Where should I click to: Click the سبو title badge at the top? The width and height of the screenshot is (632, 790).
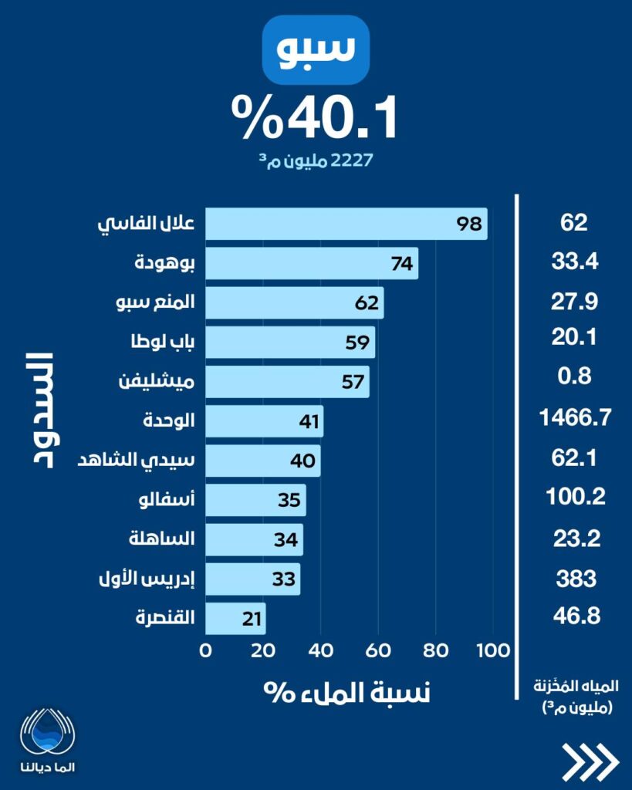316,50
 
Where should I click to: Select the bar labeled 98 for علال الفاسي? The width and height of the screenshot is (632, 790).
346,224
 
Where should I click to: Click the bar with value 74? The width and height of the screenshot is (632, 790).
312,263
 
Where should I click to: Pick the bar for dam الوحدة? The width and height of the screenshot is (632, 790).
264,421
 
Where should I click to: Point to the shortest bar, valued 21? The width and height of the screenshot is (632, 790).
235,618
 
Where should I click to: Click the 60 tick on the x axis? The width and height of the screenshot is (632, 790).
379,650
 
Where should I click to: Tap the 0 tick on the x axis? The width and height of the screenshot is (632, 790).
206,650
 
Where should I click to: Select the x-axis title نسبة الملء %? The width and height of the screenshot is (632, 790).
347,691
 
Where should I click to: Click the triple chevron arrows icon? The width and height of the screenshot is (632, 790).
590,761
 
